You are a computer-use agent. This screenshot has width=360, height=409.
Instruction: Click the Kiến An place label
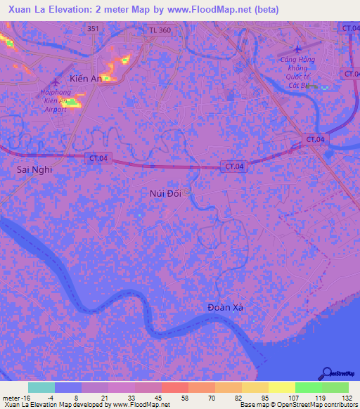[86, 78]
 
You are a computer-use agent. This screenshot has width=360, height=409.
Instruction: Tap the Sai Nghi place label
[34, 169]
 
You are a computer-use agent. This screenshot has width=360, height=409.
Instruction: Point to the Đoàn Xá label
[229, 309]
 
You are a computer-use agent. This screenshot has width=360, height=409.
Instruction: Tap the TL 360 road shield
[160, 30]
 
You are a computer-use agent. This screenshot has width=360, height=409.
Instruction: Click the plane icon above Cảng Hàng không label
[297, 48]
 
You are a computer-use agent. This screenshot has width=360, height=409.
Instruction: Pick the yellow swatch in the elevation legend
[281, 387]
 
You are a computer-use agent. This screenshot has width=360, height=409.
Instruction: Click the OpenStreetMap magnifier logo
[327, 373]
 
